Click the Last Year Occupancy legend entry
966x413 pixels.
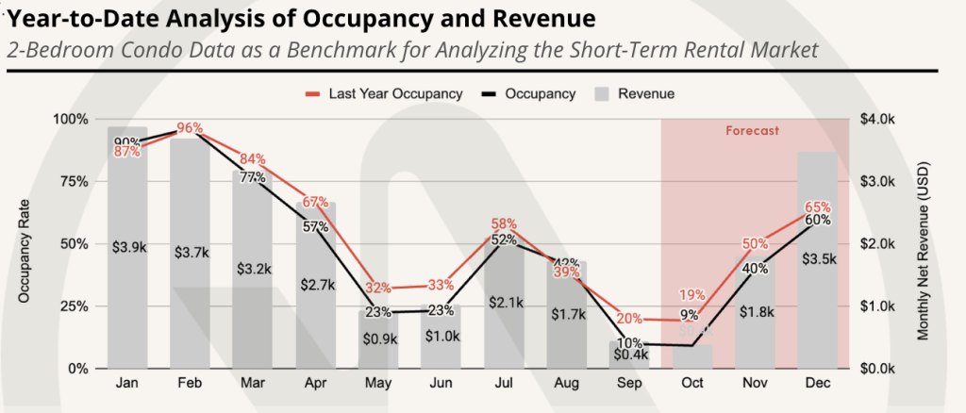(x=383, y=93)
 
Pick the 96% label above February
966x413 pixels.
(x=191, y=128)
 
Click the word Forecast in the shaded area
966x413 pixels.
(x=752, y=131)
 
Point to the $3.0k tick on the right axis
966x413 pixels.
(x=879, y=181)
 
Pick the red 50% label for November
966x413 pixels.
(x=755, y=244)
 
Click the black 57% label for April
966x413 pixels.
(x=316, y=226)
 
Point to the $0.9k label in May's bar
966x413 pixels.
(x=379, y=337)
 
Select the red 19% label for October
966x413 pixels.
(x=692, y=296)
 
